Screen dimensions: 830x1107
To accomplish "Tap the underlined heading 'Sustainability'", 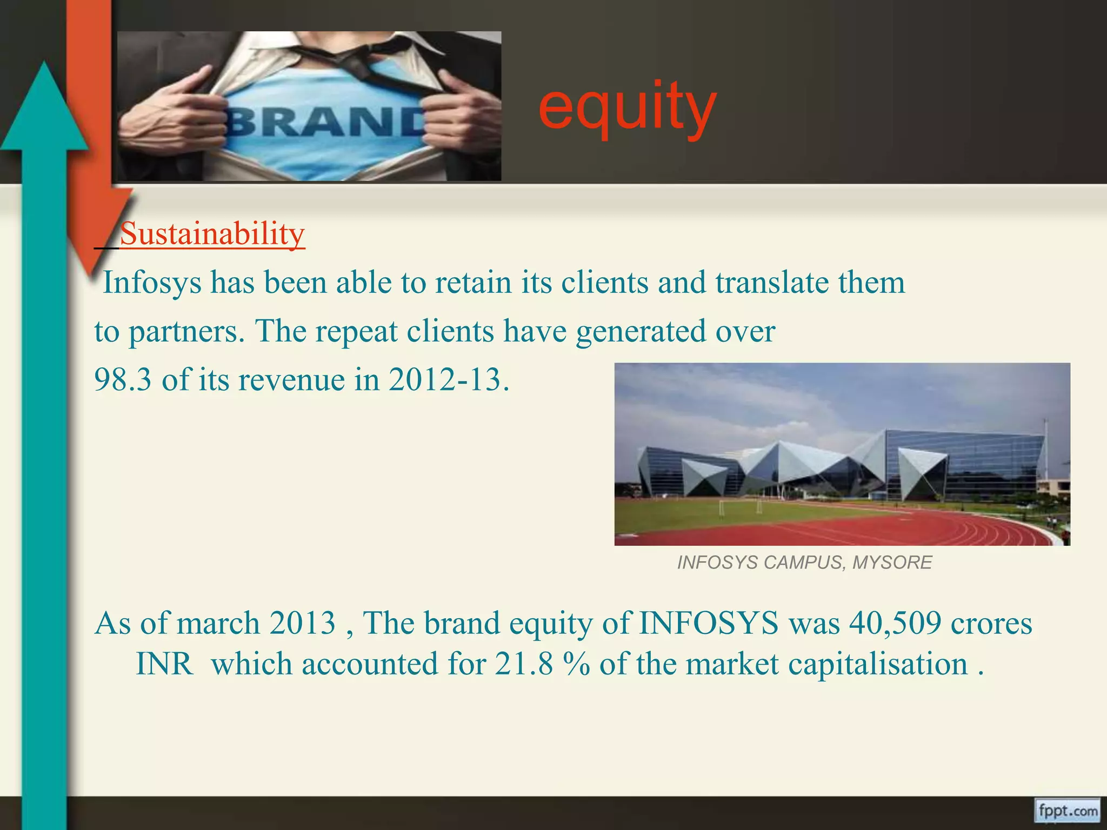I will click(x=212, y=234).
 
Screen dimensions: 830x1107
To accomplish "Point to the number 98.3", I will click(x=123, y=379).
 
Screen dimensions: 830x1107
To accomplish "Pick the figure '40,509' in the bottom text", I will click(x=895, y=623).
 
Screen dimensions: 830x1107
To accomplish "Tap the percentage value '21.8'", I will click(x=524, y=664).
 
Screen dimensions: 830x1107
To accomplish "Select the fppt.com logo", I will click(x=1066, y=811).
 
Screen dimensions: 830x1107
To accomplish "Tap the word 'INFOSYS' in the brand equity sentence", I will click(x=708, y=623).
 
